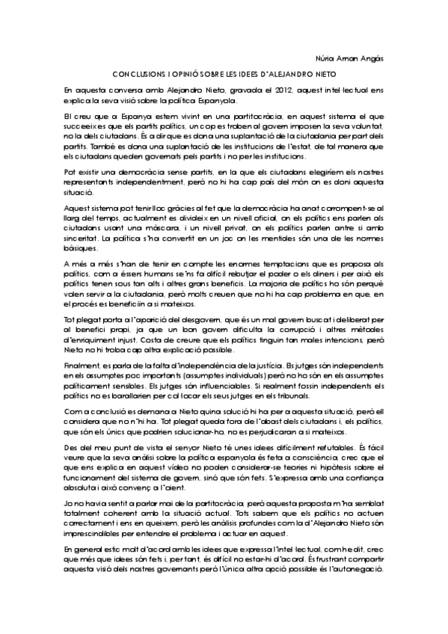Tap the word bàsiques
click(x=80, y=247)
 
